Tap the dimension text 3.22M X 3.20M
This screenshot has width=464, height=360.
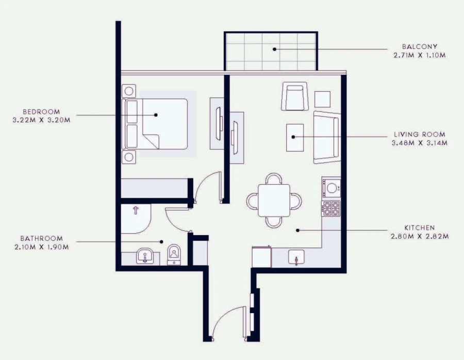(41, 120)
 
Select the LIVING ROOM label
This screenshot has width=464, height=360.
(419, 135)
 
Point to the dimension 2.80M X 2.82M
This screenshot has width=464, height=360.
(419, 236)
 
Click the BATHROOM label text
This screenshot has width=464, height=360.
(41, 238)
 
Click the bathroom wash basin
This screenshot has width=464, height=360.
(145, 256)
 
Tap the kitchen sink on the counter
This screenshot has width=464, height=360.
(297, 256)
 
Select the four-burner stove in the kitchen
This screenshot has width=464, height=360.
(331, 208)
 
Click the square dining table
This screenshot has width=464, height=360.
(274, 200)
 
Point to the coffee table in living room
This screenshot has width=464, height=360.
(295, 137)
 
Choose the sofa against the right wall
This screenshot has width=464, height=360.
(326, 137)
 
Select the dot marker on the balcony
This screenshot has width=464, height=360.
(275, 50)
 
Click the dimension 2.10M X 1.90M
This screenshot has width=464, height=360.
(41, 246)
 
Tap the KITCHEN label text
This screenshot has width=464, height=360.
(419, 227)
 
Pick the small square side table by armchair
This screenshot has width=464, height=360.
(322, 99)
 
